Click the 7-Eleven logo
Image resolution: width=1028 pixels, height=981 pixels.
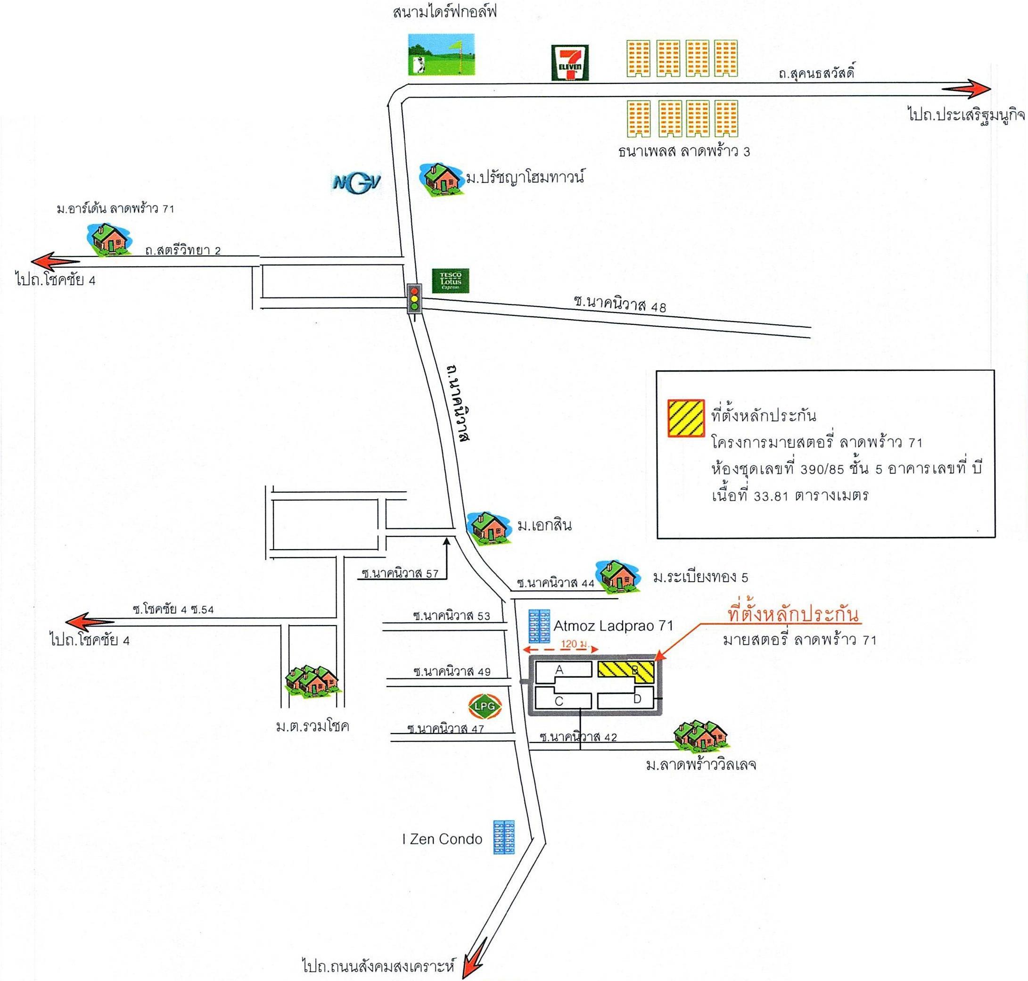pyautogui.click(x=570, y=63)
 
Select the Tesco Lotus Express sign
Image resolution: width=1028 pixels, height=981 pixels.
pyautogui.click(x=450, y=281)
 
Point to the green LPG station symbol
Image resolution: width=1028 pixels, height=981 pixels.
pyautogui.click(x=485, y=705)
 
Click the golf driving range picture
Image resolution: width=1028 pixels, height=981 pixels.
pyautogui.click(x=442, y=54)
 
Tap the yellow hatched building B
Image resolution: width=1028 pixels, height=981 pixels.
pyautogui.click(x=626, y=671)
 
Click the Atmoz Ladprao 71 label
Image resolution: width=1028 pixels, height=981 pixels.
pyautogui.click(x=613, y=626)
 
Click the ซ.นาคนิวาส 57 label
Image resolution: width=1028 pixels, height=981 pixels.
pyautogui.click(x=400, y=573)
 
